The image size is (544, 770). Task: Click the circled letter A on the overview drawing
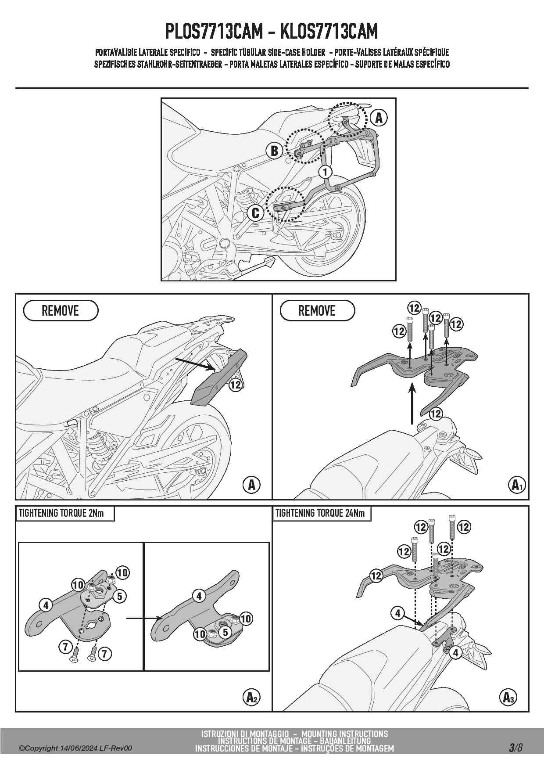[379, 118]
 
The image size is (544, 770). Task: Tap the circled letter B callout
[274, 151]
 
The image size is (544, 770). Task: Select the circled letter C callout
[255, 213]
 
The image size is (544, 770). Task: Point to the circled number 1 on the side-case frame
[325, 172]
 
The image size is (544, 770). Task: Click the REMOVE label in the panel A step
[60, 311]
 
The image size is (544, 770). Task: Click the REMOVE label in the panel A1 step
[317, 311]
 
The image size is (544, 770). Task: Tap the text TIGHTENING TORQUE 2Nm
[61, 513]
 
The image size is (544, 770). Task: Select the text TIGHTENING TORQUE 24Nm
[320, 513]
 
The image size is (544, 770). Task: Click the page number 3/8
[515, 748]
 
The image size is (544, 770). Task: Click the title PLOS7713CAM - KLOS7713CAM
[272, 31]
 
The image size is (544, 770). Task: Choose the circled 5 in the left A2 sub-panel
[119, 596]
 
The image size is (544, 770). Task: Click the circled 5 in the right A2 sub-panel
[225, 632]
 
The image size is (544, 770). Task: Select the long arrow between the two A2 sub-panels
[145, 619]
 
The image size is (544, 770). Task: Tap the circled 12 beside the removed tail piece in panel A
[236, 385]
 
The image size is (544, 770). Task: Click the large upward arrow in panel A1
[412, 403]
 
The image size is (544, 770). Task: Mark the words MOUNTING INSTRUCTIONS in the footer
[345, 734]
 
